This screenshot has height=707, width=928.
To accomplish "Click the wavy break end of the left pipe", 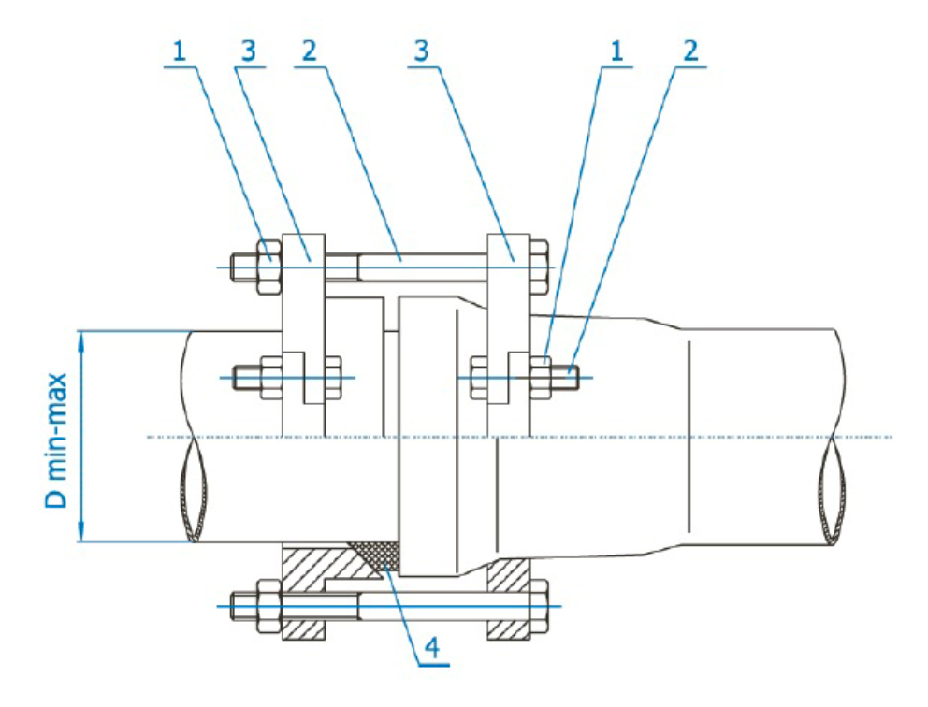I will [192, 487].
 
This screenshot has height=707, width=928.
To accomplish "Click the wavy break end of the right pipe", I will [834, 487].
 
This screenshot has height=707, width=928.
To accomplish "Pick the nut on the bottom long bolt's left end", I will [268, 605].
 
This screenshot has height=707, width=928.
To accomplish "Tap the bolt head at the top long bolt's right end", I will [539, 267].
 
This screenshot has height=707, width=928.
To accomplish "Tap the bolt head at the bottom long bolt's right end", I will [539, 605].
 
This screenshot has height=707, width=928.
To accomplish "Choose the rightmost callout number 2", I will [690, 53].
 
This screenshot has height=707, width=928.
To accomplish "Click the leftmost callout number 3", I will [248, 53].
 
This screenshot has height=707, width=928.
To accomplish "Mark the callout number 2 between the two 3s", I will [309, 53].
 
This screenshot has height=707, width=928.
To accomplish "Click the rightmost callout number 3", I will [423, 53].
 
